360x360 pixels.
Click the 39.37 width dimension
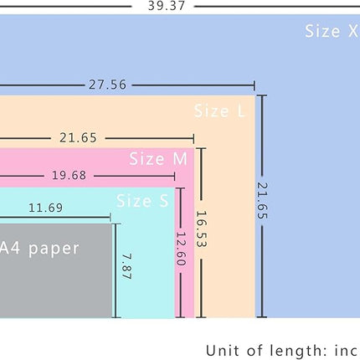167,6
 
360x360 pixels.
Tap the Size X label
332,31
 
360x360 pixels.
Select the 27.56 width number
107,85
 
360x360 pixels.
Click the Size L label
219,111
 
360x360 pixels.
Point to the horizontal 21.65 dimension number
78,138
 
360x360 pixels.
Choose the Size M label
158,159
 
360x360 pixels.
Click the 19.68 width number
69,176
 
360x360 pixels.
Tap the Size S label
142,200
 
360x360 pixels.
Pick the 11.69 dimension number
46,208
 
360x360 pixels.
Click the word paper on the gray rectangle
54,249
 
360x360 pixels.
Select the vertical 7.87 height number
127,266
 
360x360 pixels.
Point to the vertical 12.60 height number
181,249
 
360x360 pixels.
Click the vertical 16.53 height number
201,229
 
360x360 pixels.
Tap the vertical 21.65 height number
262,201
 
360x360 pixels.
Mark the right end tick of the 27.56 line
255,85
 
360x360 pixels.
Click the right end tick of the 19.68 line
175,176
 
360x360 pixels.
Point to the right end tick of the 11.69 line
111,218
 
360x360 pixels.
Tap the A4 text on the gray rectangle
10,248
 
